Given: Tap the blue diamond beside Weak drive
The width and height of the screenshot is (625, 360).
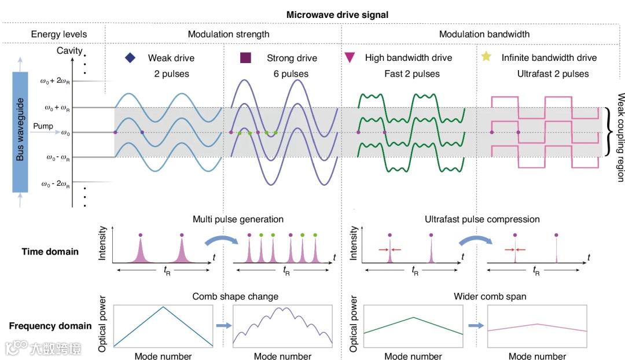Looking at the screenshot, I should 130,58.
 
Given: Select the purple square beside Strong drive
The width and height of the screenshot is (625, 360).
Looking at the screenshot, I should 245,58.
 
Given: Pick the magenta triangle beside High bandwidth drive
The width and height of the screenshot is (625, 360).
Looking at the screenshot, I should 350,58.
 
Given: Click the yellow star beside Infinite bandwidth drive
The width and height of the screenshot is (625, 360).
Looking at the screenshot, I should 486,57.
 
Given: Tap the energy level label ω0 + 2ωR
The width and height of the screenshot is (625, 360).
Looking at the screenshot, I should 56,82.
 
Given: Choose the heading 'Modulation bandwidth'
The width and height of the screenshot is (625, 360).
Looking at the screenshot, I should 484,34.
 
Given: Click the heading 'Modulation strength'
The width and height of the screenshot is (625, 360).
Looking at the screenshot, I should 220,34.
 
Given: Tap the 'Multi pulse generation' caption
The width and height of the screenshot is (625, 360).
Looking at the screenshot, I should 238,219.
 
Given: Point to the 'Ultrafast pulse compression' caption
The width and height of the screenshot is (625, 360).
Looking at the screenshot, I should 482,219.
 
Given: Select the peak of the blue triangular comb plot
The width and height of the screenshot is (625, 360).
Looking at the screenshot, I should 164,306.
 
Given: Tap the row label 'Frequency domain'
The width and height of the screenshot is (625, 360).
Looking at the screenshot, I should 50,326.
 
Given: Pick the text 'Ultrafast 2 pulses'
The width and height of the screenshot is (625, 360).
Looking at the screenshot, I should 553,74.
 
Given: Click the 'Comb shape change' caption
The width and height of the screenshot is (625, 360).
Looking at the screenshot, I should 235,296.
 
